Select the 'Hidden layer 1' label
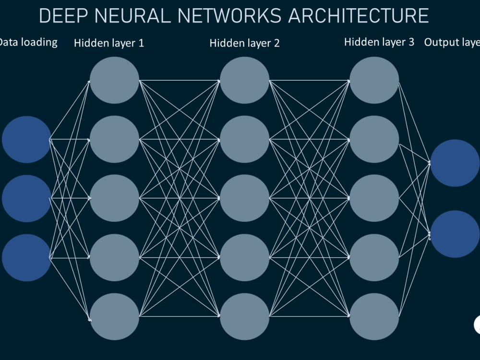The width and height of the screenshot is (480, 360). (109, 43)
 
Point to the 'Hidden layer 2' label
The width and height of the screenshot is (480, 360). (244, 43)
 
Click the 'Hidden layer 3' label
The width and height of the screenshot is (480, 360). (379, 42)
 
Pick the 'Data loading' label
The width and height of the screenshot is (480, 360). (28, 42)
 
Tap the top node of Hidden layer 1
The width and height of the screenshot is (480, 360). (114, 80)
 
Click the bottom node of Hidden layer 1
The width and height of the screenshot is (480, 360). (114, 316)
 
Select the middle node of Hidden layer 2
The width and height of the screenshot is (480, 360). (245, 198)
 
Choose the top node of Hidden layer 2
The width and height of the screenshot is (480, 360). (245, 80)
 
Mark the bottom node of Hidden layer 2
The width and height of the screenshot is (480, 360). (245, 316)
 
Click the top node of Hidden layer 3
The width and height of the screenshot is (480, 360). (374, 80)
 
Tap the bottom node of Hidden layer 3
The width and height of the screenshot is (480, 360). (374, 316)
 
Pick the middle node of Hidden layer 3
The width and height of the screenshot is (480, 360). (374, 198)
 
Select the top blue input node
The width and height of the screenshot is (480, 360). (26, 139)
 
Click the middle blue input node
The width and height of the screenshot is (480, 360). (26, 198)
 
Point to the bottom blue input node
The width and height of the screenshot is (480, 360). (26, 258)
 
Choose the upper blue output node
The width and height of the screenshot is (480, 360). (455, 163)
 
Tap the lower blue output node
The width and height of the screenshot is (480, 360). (455, 234)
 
